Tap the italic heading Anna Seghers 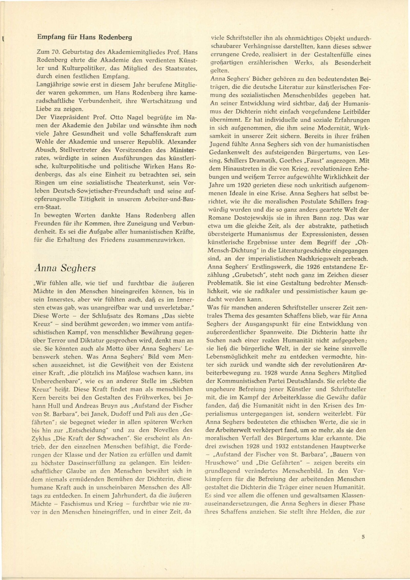pos(65,268)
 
